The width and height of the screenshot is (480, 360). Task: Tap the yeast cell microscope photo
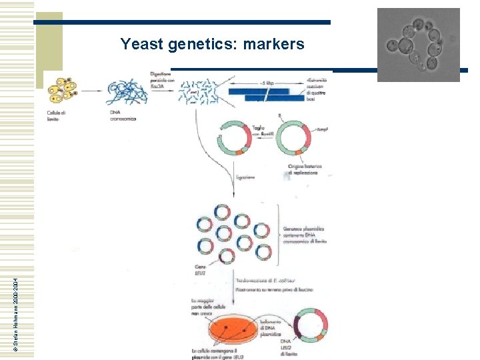click(418, 45)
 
